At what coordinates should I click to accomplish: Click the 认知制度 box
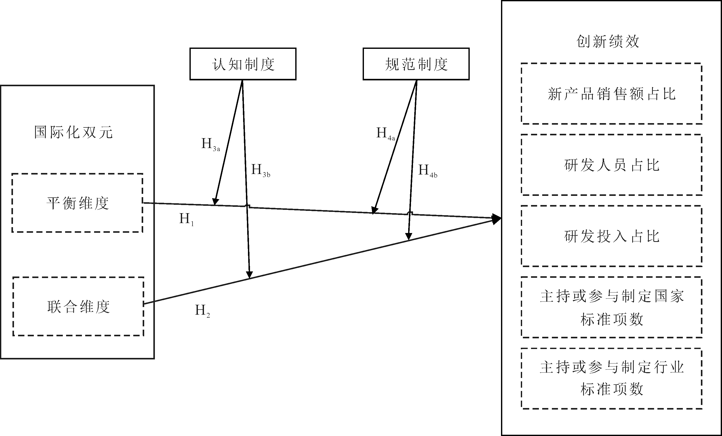pyautogui.click(x=243, y=64)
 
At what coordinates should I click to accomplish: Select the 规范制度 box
pyautogui.click(x=416, y=64)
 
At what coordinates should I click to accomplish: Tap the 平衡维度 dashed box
pyautogui.click(x=77, y=203)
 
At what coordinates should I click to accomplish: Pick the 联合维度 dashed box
pyautogui.click(x=78, y=306)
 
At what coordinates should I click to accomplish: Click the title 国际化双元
pyautogui.click(x=73, y=132)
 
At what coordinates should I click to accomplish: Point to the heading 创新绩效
pyautogui.click(x=608, y=41)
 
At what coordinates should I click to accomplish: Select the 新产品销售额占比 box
pyautogui.click(x=612, y=94)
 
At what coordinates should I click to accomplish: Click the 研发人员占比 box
pyautogui.click(x=612, y=165)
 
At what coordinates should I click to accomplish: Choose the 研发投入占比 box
pyautogui.click(x=612, y=236)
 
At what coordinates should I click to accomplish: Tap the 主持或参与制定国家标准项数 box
pyautogui.click(x=612, y=307)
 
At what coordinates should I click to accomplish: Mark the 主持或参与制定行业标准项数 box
pyautogui.click(x=612, y=378)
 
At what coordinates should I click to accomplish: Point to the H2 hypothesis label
pyautogui.click(x=202, y=311)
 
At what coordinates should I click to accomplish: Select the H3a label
pyautogui.click(x=210, y=144)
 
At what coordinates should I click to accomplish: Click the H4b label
pyautogui.click(x=428, y=170)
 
